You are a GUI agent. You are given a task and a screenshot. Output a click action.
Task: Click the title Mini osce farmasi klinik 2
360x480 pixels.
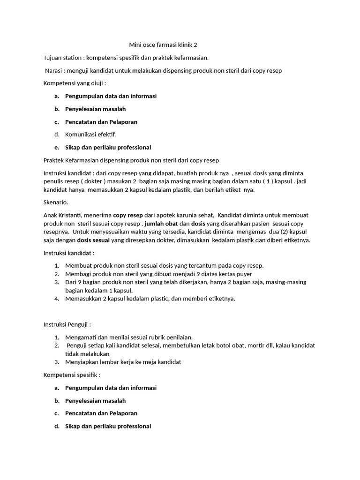[x=163, y=45]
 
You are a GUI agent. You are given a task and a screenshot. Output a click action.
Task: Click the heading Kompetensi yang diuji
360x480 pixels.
[x=75, y=83]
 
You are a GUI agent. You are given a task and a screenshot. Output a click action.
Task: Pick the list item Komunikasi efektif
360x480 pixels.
[x=90, y=135]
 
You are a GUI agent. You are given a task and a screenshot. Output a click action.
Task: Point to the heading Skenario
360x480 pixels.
[x=56, y=202]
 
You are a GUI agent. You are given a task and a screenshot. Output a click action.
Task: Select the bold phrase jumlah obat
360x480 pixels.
[x=161, y=223]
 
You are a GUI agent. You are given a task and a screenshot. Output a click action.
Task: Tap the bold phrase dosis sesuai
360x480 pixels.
[x=93, y=240]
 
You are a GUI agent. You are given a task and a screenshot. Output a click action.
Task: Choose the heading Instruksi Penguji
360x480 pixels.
[x=67, y=324]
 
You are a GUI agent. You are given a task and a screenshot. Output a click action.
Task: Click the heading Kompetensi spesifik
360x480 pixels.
[x=72, y=375]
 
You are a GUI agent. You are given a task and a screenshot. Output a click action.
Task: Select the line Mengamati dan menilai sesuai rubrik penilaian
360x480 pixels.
[x=129, y=337]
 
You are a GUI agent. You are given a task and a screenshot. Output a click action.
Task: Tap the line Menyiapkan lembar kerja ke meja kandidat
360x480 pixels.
[x=123, y=362]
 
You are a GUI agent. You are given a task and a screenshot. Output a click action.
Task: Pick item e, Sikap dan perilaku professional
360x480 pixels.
[x=108, y=147]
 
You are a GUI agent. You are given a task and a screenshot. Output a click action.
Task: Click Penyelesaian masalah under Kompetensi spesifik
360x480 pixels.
[x=95, y=401]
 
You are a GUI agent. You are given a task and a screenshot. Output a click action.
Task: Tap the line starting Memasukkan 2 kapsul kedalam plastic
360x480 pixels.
[x=150, y=299]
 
